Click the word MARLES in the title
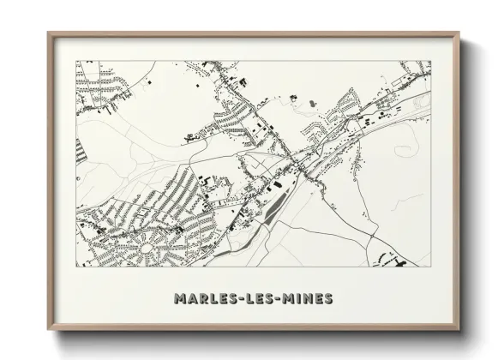click(x=205, y=299)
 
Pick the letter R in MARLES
click(x=201, y=299)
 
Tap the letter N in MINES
click(x=307, y=299)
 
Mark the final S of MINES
click(x=329, y=299)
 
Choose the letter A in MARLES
click(x=190, y=299)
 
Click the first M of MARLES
click(x=178, y=299)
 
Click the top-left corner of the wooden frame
click(x=48, y=33)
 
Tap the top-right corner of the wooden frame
click(x=460, y=33)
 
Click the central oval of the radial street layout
click(x=145, y=249)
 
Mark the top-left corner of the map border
click(x=76, y=61)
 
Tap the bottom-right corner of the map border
click(x=431, y=266)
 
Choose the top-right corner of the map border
click(x=431, y=61)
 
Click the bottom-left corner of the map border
click(x=76, y=266)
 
